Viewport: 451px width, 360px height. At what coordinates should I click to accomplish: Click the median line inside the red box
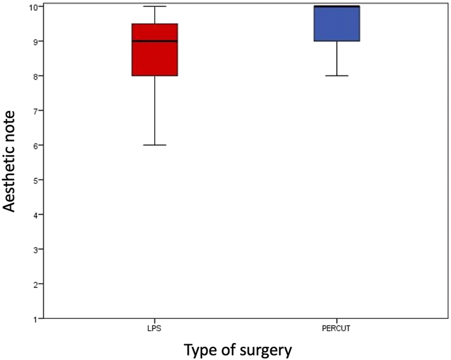click(x=154, y=41)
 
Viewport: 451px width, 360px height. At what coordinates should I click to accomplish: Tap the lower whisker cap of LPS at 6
click(x=154, y=145)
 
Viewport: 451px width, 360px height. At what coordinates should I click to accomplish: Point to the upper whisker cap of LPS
click(x=154, y=6)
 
